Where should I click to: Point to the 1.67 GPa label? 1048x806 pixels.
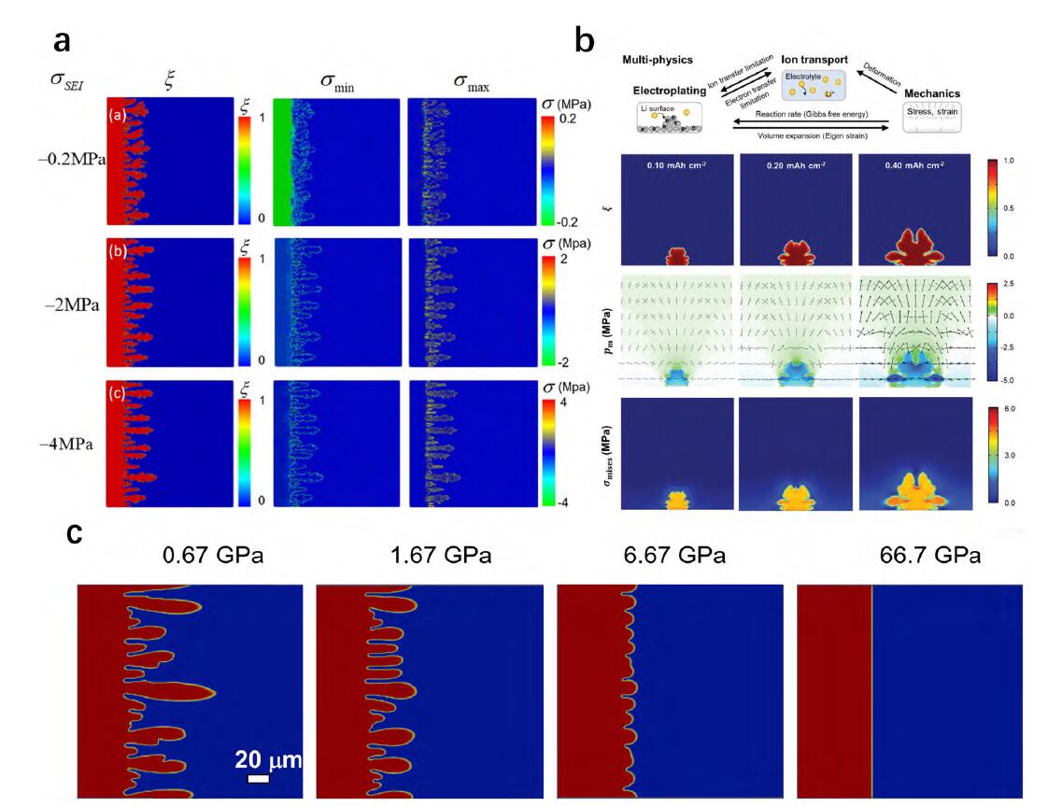[441, 557]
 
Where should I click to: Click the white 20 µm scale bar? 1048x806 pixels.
[259, 778]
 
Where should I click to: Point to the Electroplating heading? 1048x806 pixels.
[669, 91]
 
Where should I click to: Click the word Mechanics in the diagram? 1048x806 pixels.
[935, 93]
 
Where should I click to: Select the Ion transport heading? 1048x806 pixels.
[814, 59]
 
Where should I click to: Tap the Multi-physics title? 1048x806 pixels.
[659, 61]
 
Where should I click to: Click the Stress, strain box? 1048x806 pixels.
[933, 115]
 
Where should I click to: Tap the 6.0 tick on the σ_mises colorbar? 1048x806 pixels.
[1008, 409]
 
